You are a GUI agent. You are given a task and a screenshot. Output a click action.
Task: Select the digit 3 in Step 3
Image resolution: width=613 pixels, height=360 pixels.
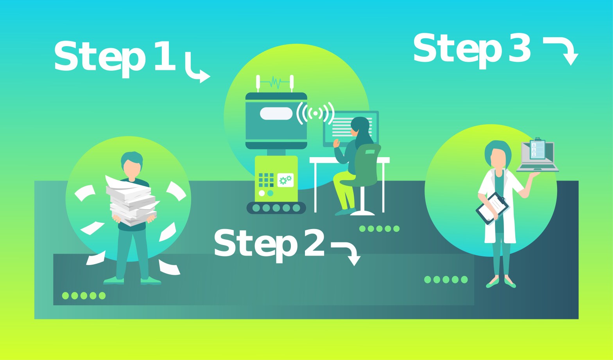click(x=520, y=48)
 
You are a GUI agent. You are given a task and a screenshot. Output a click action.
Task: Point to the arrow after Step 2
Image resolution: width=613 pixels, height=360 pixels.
click(x=348, y=252)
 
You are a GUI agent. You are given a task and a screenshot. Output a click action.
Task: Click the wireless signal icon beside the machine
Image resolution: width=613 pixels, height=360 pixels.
click(x=315, y=113)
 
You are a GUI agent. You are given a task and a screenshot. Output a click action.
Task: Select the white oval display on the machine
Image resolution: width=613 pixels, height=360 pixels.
click(x=276, y=113)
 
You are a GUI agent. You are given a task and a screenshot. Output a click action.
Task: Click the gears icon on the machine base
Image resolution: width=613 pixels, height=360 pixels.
click(x=285, y=180)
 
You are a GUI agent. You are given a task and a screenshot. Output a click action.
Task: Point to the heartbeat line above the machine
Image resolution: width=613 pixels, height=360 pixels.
click(x=275, y=82)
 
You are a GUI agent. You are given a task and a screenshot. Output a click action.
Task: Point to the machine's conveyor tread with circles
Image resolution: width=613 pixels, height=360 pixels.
click(x=276, y=208)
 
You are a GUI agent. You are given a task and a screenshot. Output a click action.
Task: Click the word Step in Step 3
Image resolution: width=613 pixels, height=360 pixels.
click(x=457, y=49)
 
